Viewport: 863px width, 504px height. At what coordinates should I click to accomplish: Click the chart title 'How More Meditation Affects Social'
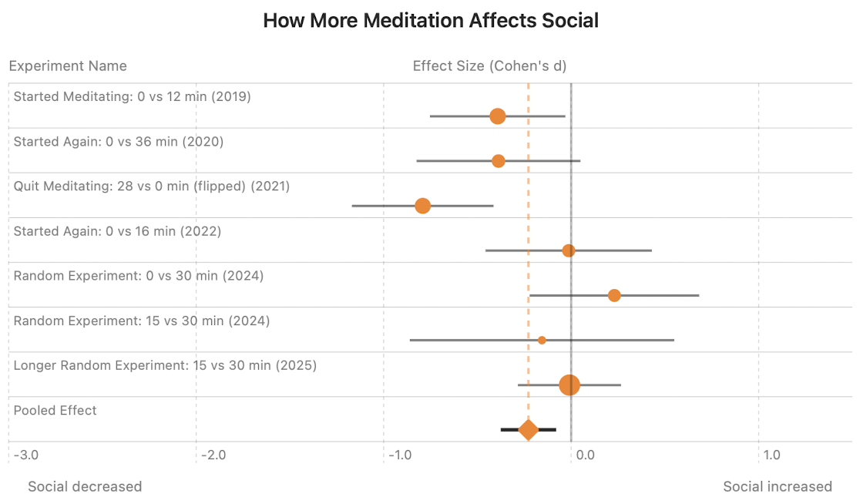pyautogui.click(x=431, y=21)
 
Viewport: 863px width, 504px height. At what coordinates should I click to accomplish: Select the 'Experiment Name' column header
pyautogui.click(x=68, y=66)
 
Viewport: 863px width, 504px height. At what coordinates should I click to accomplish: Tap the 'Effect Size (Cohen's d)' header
pyautogui.click(x=489, y=66)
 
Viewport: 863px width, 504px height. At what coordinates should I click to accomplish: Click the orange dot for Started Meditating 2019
pyautogui.click(x=498, y=116)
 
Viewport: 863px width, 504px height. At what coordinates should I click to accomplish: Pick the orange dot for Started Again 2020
pyautogui.click(x=499, y=161)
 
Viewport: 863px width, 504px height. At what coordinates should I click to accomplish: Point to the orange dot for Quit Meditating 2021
pyautogui.click(x=422, y=206)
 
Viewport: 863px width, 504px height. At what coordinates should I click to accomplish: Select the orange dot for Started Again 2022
pyautogui.click(x=569, y=250)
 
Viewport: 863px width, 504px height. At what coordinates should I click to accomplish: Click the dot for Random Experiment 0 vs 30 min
pyautogui.click(x=614, y=295)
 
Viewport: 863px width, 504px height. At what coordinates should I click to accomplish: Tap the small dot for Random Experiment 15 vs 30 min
pyautogui.click(x=542, y=340)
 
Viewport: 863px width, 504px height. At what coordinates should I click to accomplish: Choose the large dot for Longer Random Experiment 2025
pyautogui.click(x=569, y=385)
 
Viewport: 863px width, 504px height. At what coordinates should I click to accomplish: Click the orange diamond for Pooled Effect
pyautogui.click(x=529, y=429)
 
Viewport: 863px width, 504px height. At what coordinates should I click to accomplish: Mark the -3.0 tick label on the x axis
pyautogui.click(x=25, y=455)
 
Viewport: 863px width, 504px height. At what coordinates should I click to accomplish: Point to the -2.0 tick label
pyautogui.click(x=213, y=455)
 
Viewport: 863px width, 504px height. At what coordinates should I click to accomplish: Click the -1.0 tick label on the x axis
pyautogui.click(x=400, y=455)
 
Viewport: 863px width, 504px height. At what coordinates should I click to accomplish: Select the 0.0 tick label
pyautogui.click(x=585, y=455)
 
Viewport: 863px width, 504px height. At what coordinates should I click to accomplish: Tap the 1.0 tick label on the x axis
pyautogui.click(x=771, y=455)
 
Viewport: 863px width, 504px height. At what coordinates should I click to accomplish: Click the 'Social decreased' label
pyautogui.click(x=85, y=486)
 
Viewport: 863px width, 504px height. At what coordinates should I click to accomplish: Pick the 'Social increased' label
pyautogui.click(x=777, y=486)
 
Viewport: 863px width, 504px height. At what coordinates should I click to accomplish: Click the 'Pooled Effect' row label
pyautogui.click(x=55, y=410)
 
